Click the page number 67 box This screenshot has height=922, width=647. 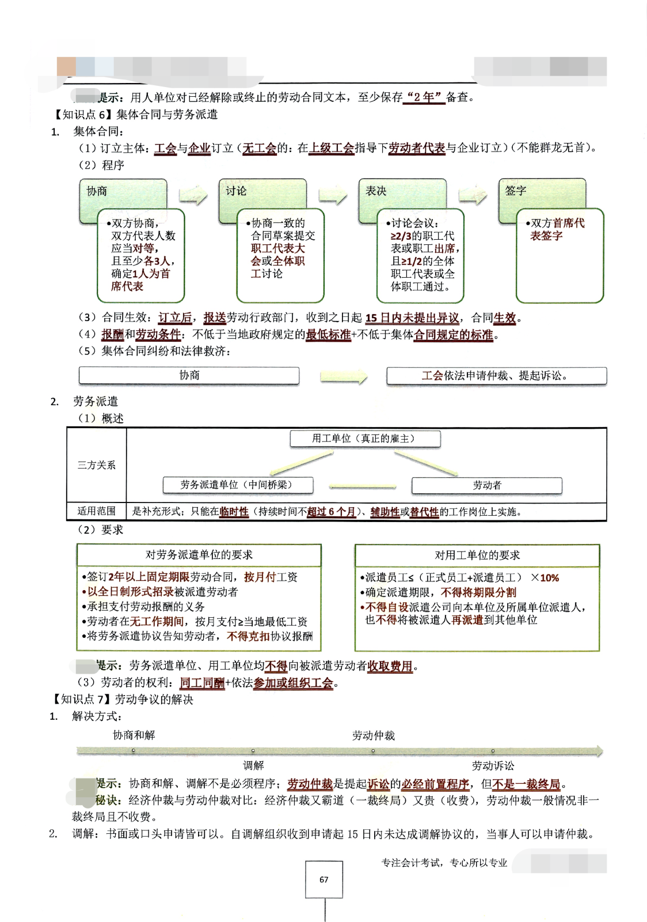click(x=323, y=879)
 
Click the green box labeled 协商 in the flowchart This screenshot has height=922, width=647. click(x=123, y=192)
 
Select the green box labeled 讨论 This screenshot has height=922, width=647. click(x=262, y=192)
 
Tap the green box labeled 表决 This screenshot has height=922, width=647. click(x=402, y=192)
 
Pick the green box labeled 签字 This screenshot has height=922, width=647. click(x=542, y=192)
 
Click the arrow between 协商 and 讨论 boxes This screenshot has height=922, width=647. click(x=193, y=196)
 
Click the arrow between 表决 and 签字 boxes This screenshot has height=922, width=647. click(x=473, y=196)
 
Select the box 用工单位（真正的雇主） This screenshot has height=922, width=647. click(x=365, y=439)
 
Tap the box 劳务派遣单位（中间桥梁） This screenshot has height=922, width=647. click(x=238, y=485)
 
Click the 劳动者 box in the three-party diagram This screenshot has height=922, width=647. click(x=486, y=485)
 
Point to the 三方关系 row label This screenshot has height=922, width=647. click(x=97, y=465)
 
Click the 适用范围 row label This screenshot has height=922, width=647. click(x=97, y=511)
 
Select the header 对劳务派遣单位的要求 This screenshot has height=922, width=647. click(x=199, y=555)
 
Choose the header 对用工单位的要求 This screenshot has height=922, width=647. click(x=477, y=555)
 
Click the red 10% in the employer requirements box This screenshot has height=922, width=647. click(x=549, y=578)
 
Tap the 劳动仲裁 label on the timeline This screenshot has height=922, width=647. click(x=373, y=735)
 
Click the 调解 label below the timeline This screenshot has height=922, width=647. click(x=253, y=765)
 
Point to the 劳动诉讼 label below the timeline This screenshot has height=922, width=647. click(x=493, y=765)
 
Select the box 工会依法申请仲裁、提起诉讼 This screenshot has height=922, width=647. click(x=496, y=376)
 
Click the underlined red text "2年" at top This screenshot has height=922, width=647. click(x=425, y=97)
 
